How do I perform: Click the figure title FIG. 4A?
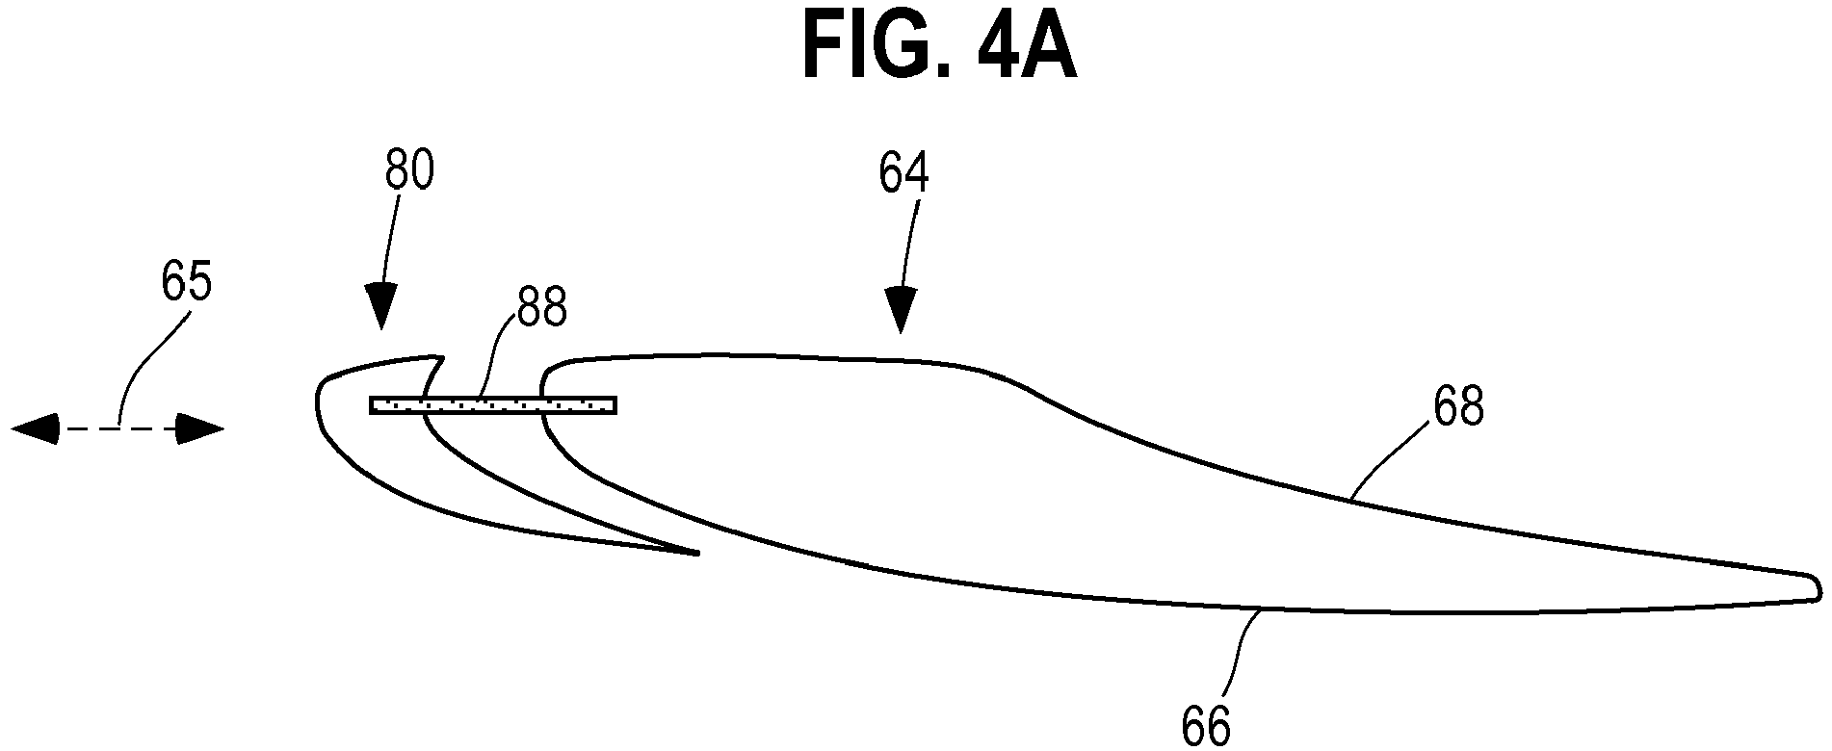point(939,45)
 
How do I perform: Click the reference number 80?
point(409,171)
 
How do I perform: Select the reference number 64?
point(903,173)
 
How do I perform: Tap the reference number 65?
point(186,284)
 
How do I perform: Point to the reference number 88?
point(540,307)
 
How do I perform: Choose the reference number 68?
point(1458,408)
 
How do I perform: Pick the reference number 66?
point(1206,727)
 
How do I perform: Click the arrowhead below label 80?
point(381,306)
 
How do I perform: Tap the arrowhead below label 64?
point(902,310)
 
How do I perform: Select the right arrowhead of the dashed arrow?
point(200,428)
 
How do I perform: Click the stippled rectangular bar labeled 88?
point(493,405)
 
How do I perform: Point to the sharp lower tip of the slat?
point(697,553)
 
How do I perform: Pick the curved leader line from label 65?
point(144,366)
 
